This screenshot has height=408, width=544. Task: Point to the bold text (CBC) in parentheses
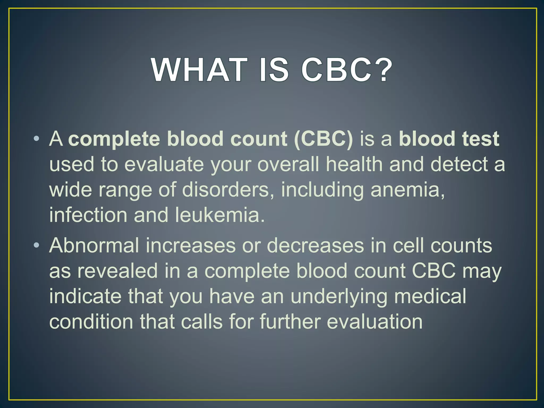pos(323,139)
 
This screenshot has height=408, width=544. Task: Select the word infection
pos(88,215)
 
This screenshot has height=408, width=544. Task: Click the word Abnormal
pos(94,245)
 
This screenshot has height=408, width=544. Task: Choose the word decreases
pos(315,245)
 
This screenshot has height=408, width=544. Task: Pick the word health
pos(354,164)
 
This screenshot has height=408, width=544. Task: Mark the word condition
pos(91,321)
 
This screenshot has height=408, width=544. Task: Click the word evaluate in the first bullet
pos(164,164)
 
